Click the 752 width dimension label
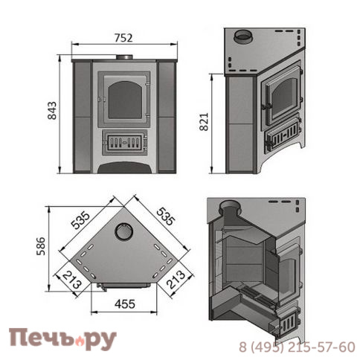[x=123, y=38]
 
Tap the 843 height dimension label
[x=52, y=111]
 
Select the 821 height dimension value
[x=204, y=122]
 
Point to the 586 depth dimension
[x=41, y=246]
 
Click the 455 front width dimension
[x=125, y=304]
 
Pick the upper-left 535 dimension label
[x=80, y=220]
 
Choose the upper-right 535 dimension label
[x=166, y=216]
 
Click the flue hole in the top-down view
[x=124, y=231]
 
